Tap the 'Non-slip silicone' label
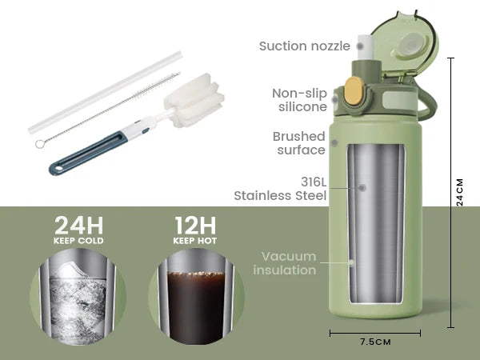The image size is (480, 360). tap(299, 100)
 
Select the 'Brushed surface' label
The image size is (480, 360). tap(298, 143)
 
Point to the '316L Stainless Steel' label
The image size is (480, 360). tap(280, 187)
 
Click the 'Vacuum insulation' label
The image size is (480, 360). tap(285, 263)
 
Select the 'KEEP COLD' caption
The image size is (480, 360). tap(78, 240)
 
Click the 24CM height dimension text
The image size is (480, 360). tap(460, 192)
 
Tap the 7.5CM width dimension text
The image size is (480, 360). tap(374, 342)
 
